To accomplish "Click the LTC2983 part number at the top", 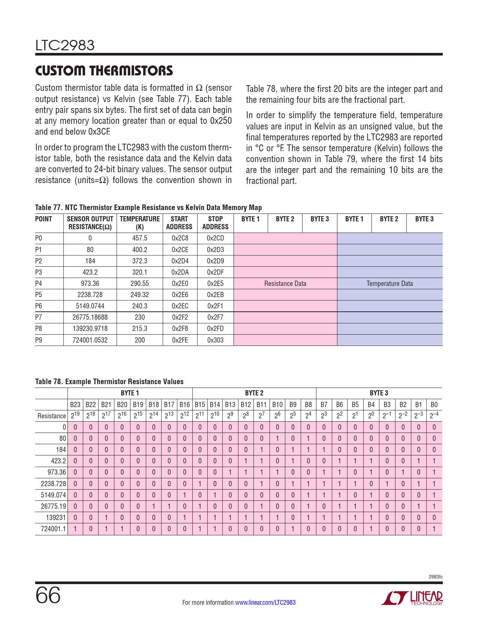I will coord(65,45).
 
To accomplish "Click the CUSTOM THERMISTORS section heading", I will coord(104,71).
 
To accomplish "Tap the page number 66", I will coord(48,595).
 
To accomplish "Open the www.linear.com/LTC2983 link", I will coord(265,602).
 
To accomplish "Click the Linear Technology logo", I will coord(412,598).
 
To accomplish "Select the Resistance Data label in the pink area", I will coord(285,284).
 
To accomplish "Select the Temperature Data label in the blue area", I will coord(390,284).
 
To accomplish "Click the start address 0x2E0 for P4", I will coord(180,284).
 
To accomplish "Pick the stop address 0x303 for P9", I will coord(215,340).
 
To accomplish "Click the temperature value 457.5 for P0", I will coord(139,238).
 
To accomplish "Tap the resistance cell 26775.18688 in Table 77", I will coord(90,317).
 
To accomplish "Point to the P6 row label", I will coord(39,306).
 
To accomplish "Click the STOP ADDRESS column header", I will coord(215,223).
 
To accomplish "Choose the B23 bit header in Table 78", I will coord(75,404).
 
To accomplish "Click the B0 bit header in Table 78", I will coord(434,404).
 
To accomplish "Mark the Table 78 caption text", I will coord(109,382).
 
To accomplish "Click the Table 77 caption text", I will coord(148,207).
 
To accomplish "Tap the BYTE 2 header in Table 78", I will coord(254,393).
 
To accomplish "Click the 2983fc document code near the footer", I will coord(435,577).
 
